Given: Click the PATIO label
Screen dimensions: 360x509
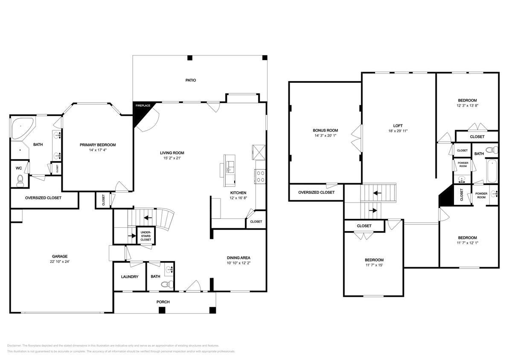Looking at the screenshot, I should [x=190, y=80].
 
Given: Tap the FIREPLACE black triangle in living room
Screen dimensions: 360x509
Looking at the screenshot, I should [x=140, y=113].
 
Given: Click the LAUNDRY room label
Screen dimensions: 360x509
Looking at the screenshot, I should [x=129, y=277].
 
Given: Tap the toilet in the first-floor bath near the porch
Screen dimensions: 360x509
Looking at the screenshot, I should [x=170, y=284].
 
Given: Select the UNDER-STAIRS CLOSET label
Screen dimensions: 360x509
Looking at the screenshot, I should [x=146, y=236].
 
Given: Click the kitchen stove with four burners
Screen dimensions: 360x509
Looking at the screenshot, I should [x=260, y=177].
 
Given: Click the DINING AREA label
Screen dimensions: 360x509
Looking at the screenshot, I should [x=238, y=258].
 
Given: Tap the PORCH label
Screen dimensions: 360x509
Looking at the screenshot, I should [x=163, y=302].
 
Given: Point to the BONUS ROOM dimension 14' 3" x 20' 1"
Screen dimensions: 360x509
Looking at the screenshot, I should [x=325, y=136].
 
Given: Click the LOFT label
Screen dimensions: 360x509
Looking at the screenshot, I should [x=398, y=126].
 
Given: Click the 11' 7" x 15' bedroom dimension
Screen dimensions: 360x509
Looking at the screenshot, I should [x=374, y=265].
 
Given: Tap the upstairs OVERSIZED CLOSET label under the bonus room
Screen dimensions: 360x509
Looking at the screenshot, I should [x=316, y=192].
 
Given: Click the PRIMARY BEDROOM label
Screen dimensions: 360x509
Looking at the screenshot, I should [x=98, y=145].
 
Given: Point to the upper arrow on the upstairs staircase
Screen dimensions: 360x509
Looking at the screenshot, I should [x=378, y=193].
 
